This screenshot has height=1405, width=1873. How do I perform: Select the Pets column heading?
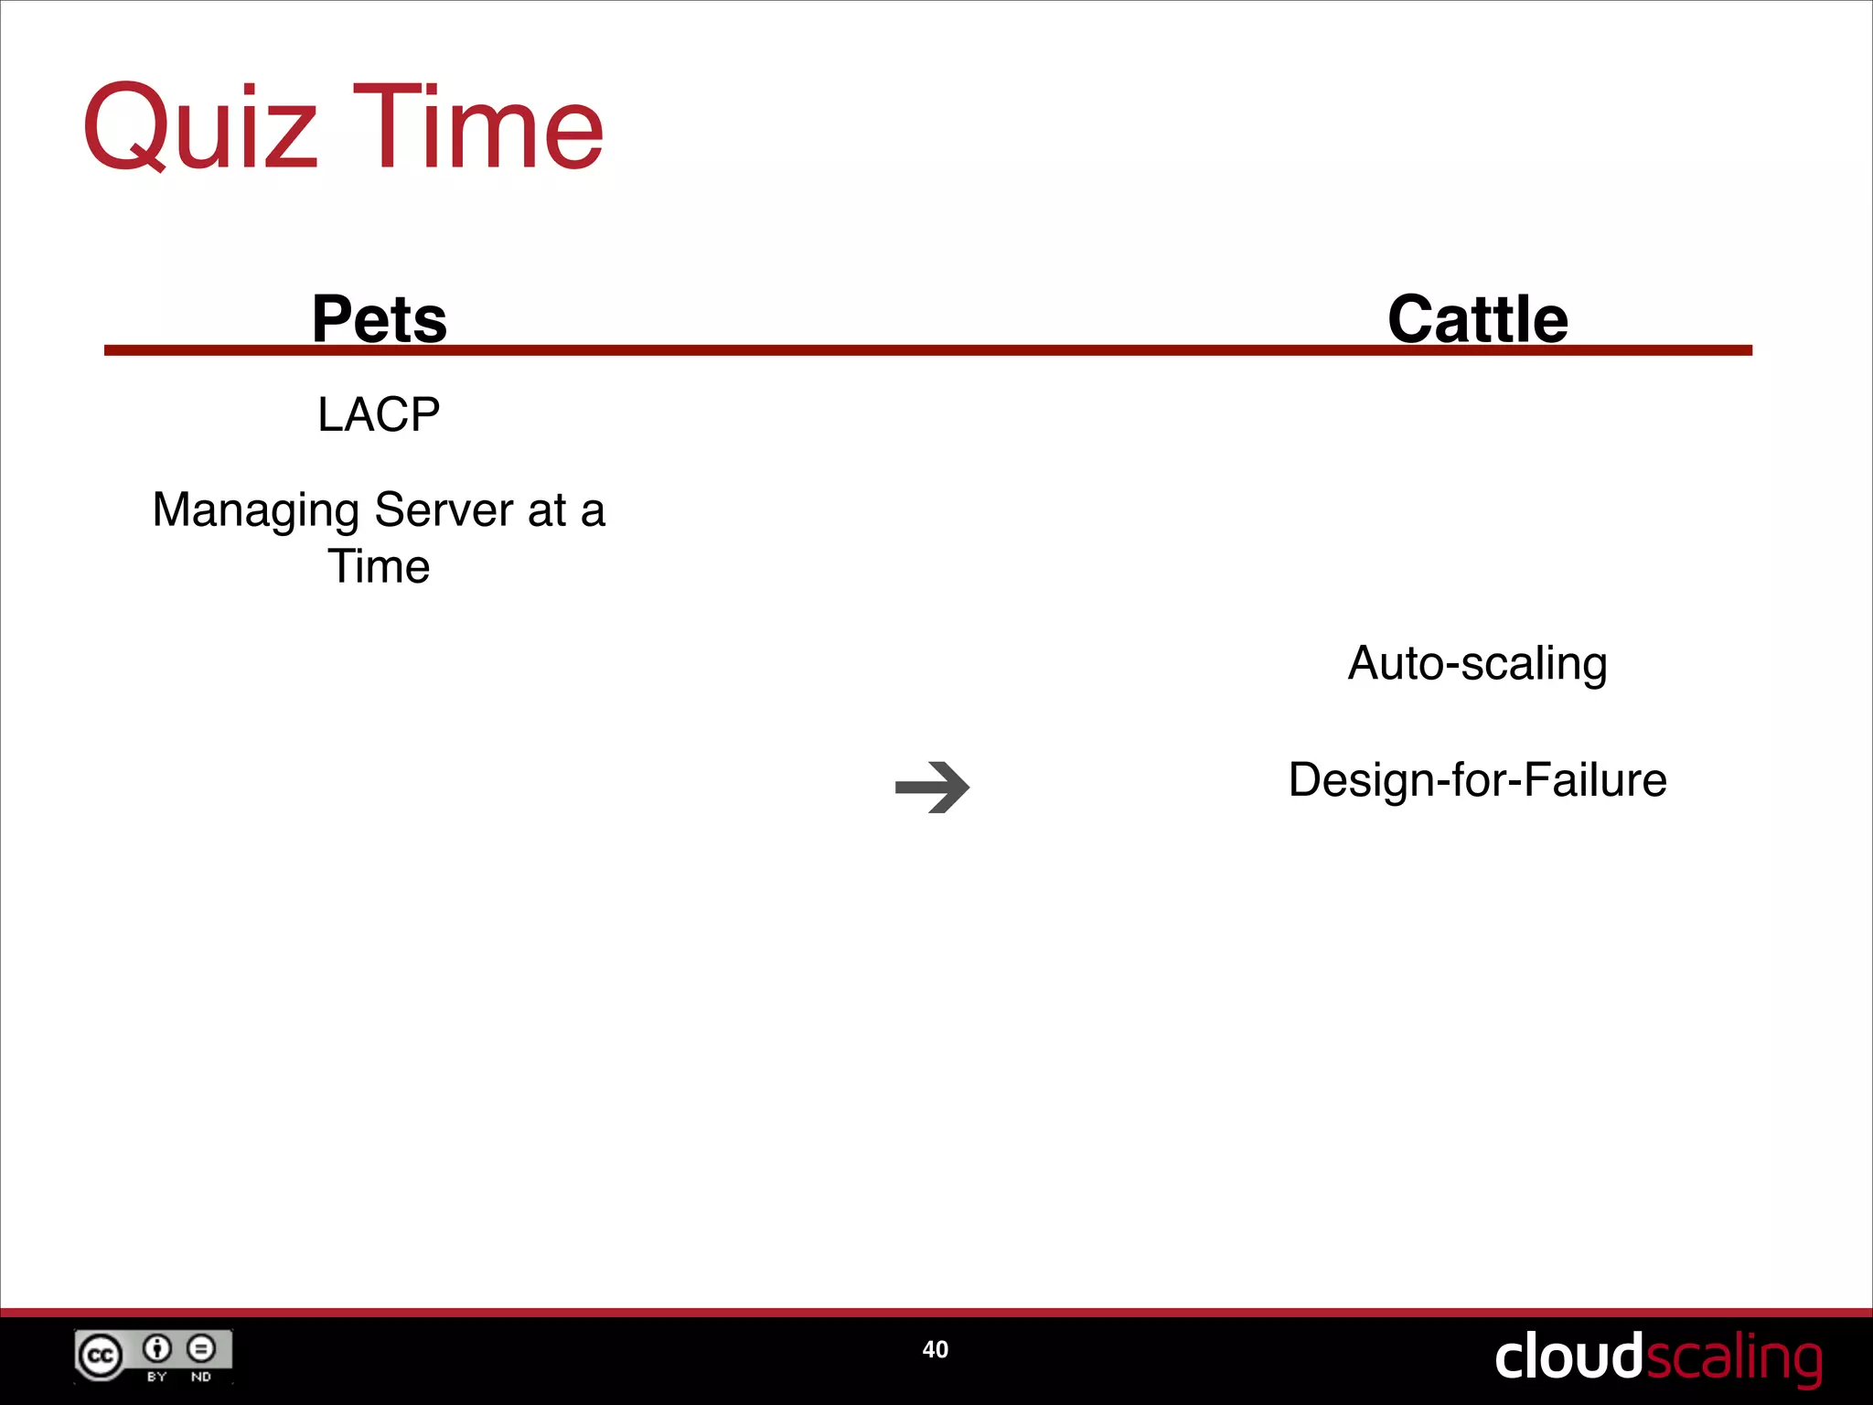[x=379, y=319]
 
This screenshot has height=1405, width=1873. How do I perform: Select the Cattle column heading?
[x=1477, y=319]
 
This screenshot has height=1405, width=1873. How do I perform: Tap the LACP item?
[x=379, y=414]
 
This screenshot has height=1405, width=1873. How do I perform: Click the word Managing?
[x=255, y=510]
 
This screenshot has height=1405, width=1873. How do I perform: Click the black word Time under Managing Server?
[x=379, y=566]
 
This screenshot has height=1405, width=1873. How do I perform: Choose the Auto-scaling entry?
[x=1477, y=663]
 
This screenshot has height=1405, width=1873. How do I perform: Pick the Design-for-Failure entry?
[x=1477, y=780]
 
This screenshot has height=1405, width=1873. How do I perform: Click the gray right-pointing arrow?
[x=932, y=787]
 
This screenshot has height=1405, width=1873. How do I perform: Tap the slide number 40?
[x=935, y=1349]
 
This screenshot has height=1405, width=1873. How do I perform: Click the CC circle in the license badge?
[x=100, y=1356]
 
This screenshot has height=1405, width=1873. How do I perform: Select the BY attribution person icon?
[x=157, y=1348]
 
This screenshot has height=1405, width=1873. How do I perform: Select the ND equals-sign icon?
[x=200, y=1348]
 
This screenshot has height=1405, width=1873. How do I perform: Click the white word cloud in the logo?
[x=1568, y=1357]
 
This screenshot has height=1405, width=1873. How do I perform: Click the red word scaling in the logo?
[x=1733, y=1358]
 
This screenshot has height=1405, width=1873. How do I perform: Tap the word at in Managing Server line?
[x=547, y=510]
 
